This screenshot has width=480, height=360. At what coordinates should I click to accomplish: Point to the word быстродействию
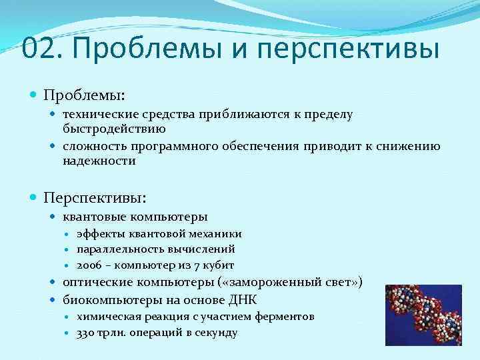(x=114, y=128)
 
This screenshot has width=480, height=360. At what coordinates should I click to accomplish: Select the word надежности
(x=99, y=161)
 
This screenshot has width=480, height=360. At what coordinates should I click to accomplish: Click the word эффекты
(x=98, y=234)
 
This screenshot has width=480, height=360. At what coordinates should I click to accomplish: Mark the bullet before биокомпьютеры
(x=55, y=299)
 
